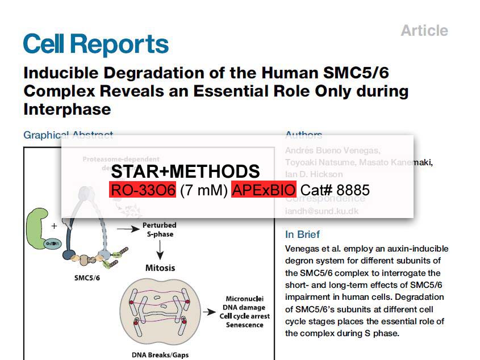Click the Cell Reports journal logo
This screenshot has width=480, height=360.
click(95, 44)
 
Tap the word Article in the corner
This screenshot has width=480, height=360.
click(424, 31)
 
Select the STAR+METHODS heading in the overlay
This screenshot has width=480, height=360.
click(185, 171)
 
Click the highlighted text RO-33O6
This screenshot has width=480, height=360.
click(143, 190)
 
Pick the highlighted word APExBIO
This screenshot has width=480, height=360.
click(264, 190)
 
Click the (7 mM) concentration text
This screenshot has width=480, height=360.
click(203, 190)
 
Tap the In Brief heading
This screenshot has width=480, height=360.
click(302, 235)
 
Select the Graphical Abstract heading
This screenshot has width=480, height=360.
click(68, 135)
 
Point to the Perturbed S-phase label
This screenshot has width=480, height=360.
click(159, 229)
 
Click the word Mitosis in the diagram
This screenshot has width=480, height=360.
click(160, 267)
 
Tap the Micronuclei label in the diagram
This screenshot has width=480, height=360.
click(244, 299)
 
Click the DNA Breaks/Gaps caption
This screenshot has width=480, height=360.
click(160, 355)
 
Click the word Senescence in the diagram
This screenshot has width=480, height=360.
click(244, 325)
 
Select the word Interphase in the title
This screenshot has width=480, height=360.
click(67, 108)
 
